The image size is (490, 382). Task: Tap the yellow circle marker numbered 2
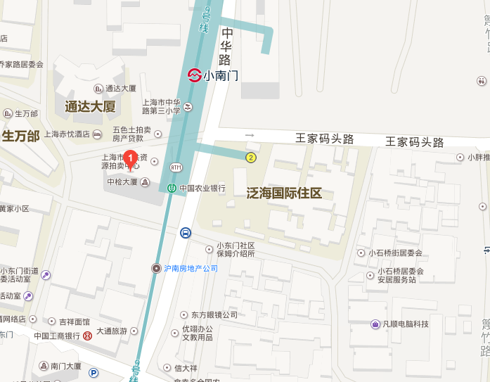coord(250,157)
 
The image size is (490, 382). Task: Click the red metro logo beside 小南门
coord(194,75)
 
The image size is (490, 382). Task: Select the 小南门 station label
coord(221,75)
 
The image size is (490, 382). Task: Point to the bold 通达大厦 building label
coord(90,107)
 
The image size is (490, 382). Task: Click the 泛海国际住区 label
coord(284,193)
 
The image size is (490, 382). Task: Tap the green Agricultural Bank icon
coord(172,188)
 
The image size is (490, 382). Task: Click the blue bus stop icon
coord(185,233)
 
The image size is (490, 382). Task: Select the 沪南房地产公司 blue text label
coord(191,268)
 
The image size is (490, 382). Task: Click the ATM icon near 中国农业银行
coord(175,167)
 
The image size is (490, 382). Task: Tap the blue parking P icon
coord(94,373)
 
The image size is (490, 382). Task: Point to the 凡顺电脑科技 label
coord(406,324)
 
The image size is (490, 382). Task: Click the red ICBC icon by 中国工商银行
coord(86,336)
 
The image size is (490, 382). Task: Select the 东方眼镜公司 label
coord(209,314)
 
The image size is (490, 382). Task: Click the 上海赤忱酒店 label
coord(67,134)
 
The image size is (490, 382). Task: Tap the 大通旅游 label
coord(112,331)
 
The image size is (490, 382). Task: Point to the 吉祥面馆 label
coord(74,321)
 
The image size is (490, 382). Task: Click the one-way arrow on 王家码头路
coord(249,134)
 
